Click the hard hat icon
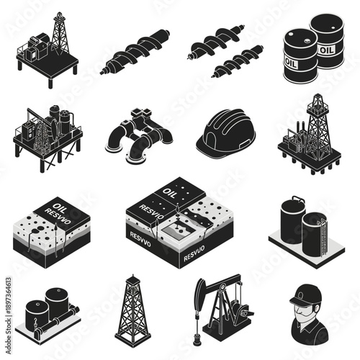pos(225,132)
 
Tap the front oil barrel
pos(300,55)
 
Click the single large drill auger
pos(135,53)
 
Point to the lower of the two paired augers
pos(238,62)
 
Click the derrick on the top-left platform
pos(60,32)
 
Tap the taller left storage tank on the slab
pos(292,221)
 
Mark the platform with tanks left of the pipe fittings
pos(48,134)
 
